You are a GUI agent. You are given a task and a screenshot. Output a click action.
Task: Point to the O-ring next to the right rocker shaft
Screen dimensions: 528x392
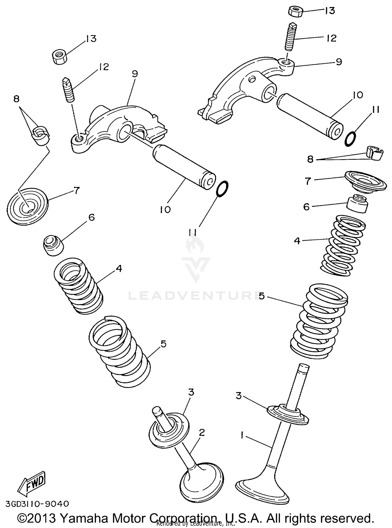point(350,139)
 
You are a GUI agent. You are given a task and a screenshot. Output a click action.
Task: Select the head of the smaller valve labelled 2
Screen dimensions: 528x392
point(202,482)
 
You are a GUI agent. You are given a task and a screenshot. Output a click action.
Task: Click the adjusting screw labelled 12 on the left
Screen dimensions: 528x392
point(68,90)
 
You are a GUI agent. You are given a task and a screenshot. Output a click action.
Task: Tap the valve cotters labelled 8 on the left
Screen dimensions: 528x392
point(41,136)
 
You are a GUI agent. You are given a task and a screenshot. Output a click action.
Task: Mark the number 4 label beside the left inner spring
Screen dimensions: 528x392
point(119,269)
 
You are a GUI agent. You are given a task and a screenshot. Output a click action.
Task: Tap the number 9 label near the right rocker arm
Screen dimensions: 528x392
point(339,62)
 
